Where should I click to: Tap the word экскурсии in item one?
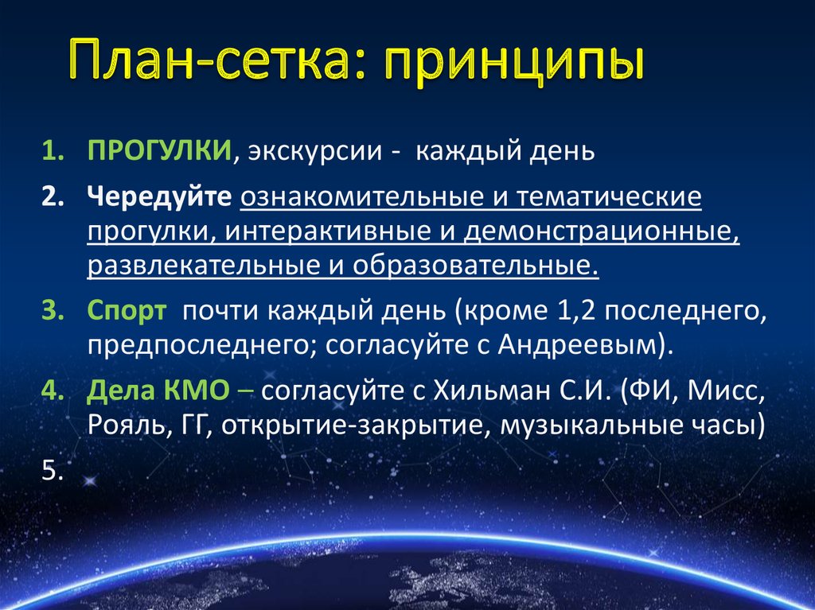coord(313,151)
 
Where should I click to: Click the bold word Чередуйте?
coord(159,196)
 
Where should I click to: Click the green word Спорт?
coord(127,311)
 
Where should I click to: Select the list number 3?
coord(51,311)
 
